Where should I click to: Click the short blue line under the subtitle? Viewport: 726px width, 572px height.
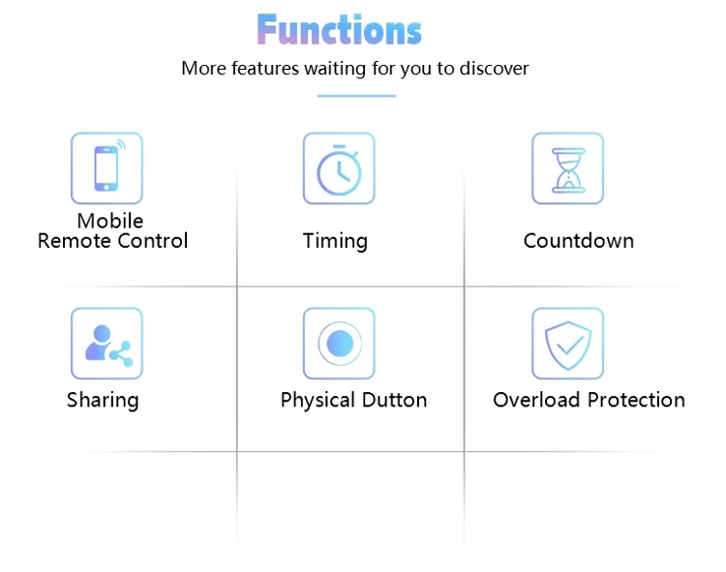pyautogui.click(x=356, y=96)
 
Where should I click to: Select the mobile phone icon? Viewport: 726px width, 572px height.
pyautogui.click(x=106, y=168)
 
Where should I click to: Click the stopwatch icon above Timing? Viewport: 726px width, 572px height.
pyautogui.click(x=339, y=168)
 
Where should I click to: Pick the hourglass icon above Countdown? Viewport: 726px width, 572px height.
pyautogui.click(x=567, y=168)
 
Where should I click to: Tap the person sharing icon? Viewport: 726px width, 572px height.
pyautogui.click(x=106, y=344)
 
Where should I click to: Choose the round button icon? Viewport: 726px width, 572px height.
pyautogui.click(x=339, y=344)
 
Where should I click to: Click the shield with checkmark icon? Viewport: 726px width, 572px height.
pyautogui.click(x=567, y=344)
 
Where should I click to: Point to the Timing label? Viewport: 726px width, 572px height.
pyautogui.click(x=335, y=241)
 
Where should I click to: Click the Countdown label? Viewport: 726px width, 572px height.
pyautogui.click(x=579, y=241)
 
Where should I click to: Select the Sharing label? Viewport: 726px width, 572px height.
pyautogui.click(x=103, y=401)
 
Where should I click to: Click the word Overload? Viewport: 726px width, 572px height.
pyautogui.click(x=535, y=400)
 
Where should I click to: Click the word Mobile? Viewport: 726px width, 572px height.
pyautogui.click(x=110, y=221)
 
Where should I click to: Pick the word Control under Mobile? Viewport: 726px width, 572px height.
pyautogui.click(x=152, y=241)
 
